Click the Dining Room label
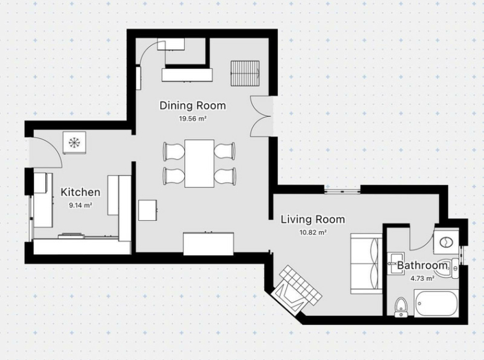coord(193,106)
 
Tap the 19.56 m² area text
coord(193,119)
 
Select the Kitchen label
coord(80,192)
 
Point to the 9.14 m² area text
coord(80,205)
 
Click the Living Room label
coord(313,220)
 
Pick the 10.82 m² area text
coord(313,232)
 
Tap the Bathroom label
coord(422,266)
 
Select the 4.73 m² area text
coord(422,278)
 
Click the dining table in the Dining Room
coord(199,163)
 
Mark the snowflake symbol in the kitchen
coord(74,142)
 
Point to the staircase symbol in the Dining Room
coord(245,74)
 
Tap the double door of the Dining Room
coord(261,116)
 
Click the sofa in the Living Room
coord(367,264)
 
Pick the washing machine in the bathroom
coord(446,241)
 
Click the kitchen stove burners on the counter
coord(71,236)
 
